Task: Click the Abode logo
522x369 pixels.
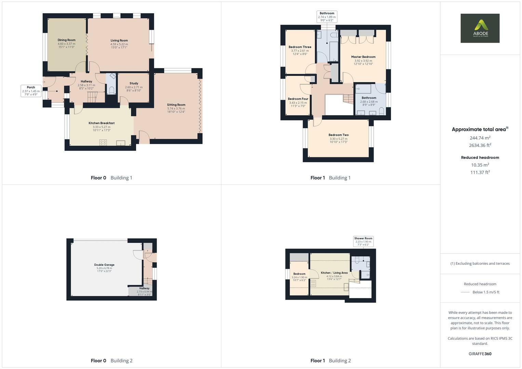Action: (x=480, y=28)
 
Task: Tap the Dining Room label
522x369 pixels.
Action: (x=66, y=40)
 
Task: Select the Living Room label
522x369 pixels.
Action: (x=119, y=40)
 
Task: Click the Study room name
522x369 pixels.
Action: (x=134, y=83)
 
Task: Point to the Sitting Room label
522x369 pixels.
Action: (x=176, y=105)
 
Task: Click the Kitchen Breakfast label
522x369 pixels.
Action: (x=102, y=123)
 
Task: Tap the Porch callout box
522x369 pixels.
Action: (x=31, y=91)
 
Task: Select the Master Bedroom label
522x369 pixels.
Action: (x=363, y=57)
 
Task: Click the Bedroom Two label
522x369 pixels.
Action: (x=338, y=135)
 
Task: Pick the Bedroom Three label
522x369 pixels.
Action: (x=300, y=47)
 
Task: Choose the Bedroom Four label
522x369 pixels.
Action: (x=298, y=99)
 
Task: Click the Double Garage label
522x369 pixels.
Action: (x=104, y=265)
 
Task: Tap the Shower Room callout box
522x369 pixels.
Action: (x=363, y=241)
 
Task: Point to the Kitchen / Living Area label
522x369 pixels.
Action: (x=334, y=273)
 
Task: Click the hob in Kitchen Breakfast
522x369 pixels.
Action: (x=103, y=142)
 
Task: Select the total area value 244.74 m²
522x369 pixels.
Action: (x=480, y=138)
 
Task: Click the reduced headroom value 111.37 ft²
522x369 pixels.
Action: (x=480, y=173)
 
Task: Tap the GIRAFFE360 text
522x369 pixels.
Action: (x=480, y=354)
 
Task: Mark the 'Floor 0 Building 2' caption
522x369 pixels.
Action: (x=111, y=360)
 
